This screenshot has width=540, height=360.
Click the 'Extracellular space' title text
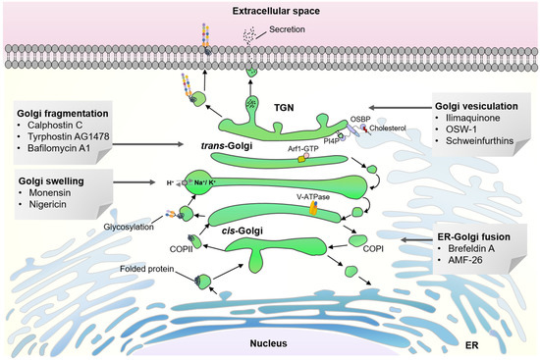[x=270, y=11]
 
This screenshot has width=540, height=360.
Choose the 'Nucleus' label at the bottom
[x=270, y=345]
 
